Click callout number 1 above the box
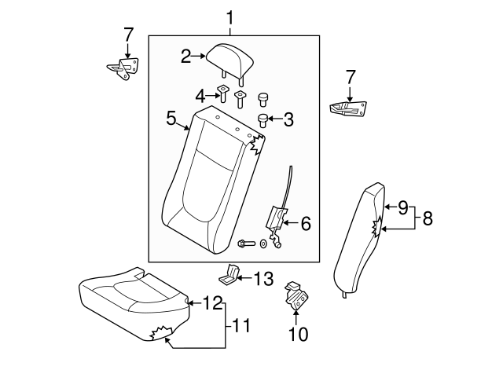coord(230,16)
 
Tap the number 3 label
coord(288,120)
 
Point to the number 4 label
coord(200,96)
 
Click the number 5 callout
coord(171,118)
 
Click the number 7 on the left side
coord(129,35)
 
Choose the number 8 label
coord(428,218)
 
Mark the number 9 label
coord(402,208)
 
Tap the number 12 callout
coord(214,301)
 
